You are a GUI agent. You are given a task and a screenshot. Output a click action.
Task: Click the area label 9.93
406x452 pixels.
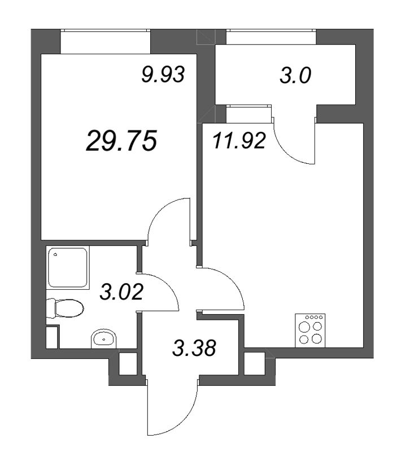tap(163, 74)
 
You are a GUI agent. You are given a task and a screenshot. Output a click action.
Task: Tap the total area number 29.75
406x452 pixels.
tap(121, 141)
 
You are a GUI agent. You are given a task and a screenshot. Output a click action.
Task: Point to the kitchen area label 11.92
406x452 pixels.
tap(239, 141)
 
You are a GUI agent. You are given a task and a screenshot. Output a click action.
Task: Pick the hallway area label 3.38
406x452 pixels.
tap(194, 348)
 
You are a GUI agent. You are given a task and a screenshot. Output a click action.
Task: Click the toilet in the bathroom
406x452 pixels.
tap(66, 308)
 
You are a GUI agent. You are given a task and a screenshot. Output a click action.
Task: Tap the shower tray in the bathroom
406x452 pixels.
tap(68, 267)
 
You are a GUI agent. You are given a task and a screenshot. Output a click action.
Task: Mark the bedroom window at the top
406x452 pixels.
tap(106, 41)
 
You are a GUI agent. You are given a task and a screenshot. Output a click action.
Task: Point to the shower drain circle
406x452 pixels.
tap(58, 255)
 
